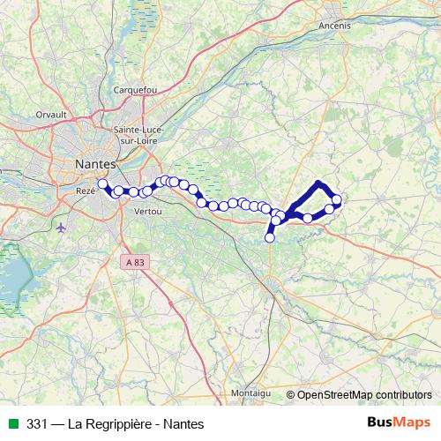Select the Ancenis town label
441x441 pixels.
pyautogui.click(x=336, y=26)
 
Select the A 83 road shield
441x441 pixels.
pyautogui.click(x=135, y=262)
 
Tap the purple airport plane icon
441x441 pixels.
pyautogui.click(x=60, y=228)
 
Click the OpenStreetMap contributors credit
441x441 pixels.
pyautogui.click(x=367, y=394)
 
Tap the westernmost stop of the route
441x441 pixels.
pyautogui.click(x=102, y=184)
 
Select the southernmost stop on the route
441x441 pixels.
pyautogui.click(x=270, y=237)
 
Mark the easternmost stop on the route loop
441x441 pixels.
pyautogui.click(x=336, y=200)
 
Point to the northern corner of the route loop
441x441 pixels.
pyautogui.click(x=318, y=183)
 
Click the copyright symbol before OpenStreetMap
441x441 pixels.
pyautogui.click(x=291, y=394)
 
